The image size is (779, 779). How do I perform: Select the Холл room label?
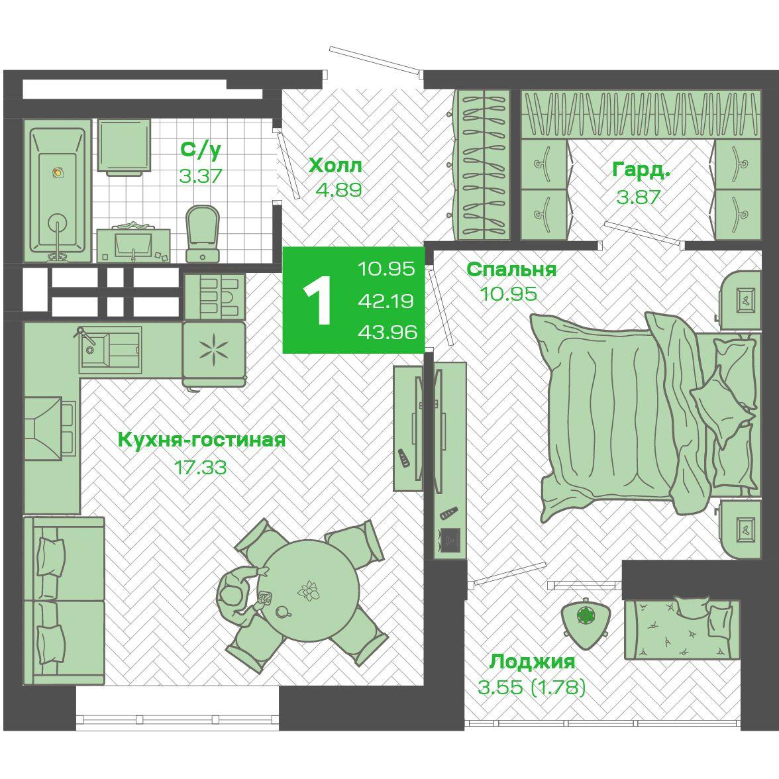[x=335, y=166]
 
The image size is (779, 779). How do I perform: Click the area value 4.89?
[x=339, y=189]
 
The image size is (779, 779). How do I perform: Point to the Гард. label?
[x=641, y=170]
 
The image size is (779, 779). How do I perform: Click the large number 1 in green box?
[x=317, y=300]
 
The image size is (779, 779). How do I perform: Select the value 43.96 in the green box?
[x=388, y=332]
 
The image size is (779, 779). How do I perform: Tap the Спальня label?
[x=511, y=269]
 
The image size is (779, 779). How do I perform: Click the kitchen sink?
[x=110, y=350]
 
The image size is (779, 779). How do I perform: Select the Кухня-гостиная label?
[x=201, y=440]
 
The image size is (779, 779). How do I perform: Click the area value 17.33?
[x=200, y=467]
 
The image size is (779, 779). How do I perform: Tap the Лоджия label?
[x=532, y=662]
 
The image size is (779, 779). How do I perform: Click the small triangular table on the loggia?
[x=586, y=621]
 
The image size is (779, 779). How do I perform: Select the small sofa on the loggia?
[x=682, y=629]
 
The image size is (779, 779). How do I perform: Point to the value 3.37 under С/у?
[x=200, y=176]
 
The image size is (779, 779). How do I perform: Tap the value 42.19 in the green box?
[x=386, y=301]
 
